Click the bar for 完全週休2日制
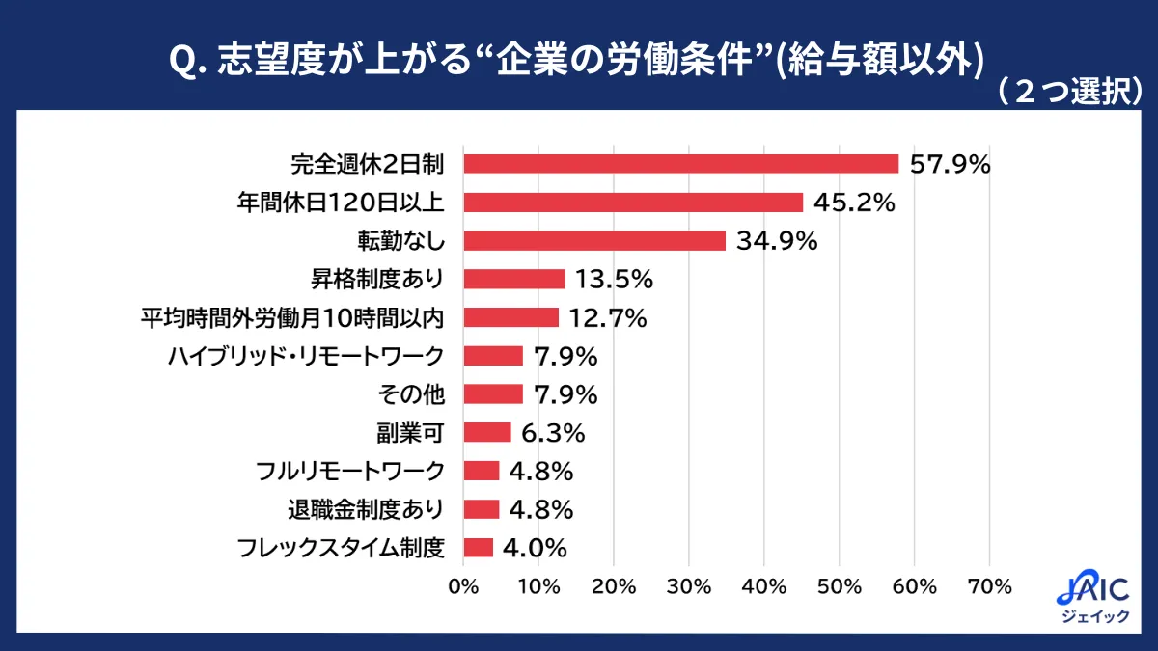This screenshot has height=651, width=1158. coord(680,164)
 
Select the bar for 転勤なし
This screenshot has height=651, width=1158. coord(594,241)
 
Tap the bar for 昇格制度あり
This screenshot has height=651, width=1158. coord(514,279)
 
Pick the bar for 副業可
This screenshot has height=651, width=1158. coord(487,432)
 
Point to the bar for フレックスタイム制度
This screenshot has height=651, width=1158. coord(479,548)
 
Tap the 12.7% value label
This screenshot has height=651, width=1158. coord(609,317)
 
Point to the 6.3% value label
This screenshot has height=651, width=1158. coord(553,432)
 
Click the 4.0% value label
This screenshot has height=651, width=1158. coord(535,548)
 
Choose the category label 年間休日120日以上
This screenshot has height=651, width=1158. coord(340,203)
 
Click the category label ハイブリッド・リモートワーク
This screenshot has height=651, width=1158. coord(306,356)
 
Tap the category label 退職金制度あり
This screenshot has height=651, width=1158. coord(366,509)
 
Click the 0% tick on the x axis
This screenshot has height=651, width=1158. coord(464,585)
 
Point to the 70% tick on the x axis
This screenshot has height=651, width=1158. coord(990,585)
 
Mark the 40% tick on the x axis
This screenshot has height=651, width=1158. coord(764,585)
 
